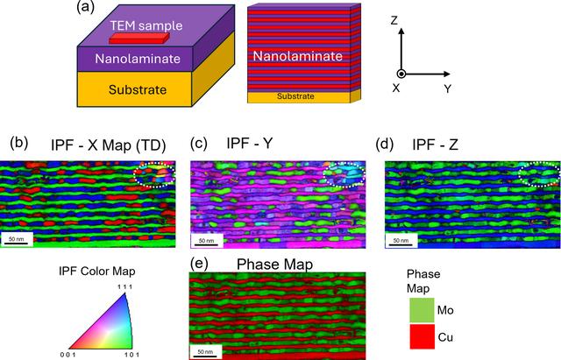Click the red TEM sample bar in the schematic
tap(139, 39)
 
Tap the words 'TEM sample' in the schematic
tap(146, 25)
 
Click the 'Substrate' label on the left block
tap(138, 89)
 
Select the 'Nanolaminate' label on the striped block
tap(298, 56)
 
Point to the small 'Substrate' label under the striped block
tap(295, 96)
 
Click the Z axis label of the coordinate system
tap(394, 20)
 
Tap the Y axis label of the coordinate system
tap(448, 88)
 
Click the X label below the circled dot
tap(395, 88)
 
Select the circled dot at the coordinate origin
tap(401, 74)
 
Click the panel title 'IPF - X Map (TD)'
tap(109, 145)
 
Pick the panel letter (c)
tap(199, 144)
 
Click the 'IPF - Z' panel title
tap(435, 145)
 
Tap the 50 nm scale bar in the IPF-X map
tap(17, 244)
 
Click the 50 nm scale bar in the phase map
tap(205, 356)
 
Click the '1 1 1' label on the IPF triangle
tap(124, 286)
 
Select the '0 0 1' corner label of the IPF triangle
tap(68, 355)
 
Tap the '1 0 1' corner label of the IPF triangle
tap(132, 355)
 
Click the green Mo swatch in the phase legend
tap(422, 310)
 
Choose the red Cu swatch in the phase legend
tap(422, 336)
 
